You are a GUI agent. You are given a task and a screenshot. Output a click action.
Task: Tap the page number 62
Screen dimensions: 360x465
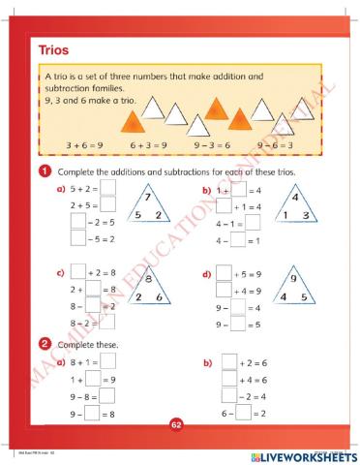pyautogui.click(x=176, y=423)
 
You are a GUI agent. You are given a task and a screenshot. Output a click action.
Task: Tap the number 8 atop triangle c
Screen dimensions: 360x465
pyautogui.click(x=148, y=282)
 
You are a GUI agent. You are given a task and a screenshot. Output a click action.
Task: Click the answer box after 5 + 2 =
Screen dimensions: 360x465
pyautogui.click(x=107, y=190)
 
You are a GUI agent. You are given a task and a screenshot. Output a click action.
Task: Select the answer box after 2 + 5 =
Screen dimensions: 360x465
pyautogui.click(x=107, y=205)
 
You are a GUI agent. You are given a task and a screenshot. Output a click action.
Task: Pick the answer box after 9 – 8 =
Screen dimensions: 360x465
pyautogui.click(x=107, y=396)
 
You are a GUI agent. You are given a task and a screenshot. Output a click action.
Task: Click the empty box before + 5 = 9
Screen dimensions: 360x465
pyautogui.click(x=224, y=273)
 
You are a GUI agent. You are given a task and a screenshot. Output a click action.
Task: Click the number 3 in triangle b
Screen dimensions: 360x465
pyautogui.click(x=305, y=215)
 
